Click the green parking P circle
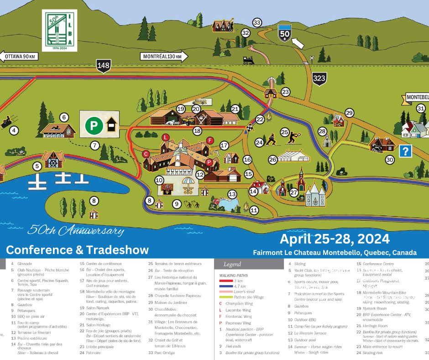pos(94,125)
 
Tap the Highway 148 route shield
pos(104,66)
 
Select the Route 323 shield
pos(319,79)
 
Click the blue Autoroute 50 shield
pos(285,33)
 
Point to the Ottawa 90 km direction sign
pos(19,57)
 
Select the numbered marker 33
pos(257,23)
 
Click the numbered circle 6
pos(64,117)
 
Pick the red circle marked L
pos(166,137)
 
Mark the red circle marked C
pos(146,154)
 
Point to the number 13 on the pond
pos(232,194)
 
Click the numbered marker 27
pos(293,193)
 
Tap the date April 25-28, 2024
pos(335,239)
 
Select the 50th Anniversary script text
pos(75,230)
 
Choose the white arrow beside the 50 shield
pos(297,43)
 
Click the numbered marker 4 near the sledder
pos(14,131)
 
